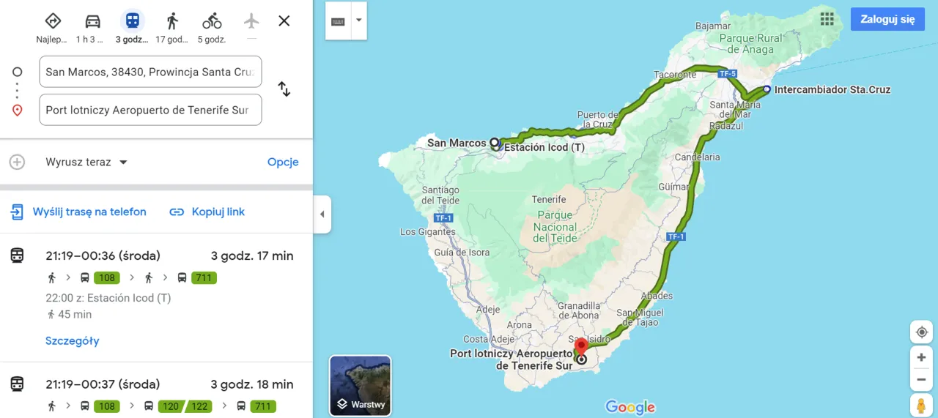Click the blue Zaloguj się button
887,19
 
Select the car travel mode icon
92,20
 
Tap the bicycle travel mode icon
212,20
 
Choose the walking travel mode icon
172,20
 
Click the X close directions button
284,20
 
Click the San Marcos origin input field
150,72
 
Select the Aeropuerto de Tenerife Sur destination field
150,110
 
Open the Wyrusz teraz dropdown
86,162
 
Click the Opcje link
283,162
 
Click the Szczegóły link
72,340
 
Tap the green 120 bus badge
170,406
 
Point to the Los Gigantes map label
427,232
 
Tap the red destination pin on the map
581,346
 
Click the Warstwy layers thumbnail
360,385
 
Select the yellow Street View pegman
920,403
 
